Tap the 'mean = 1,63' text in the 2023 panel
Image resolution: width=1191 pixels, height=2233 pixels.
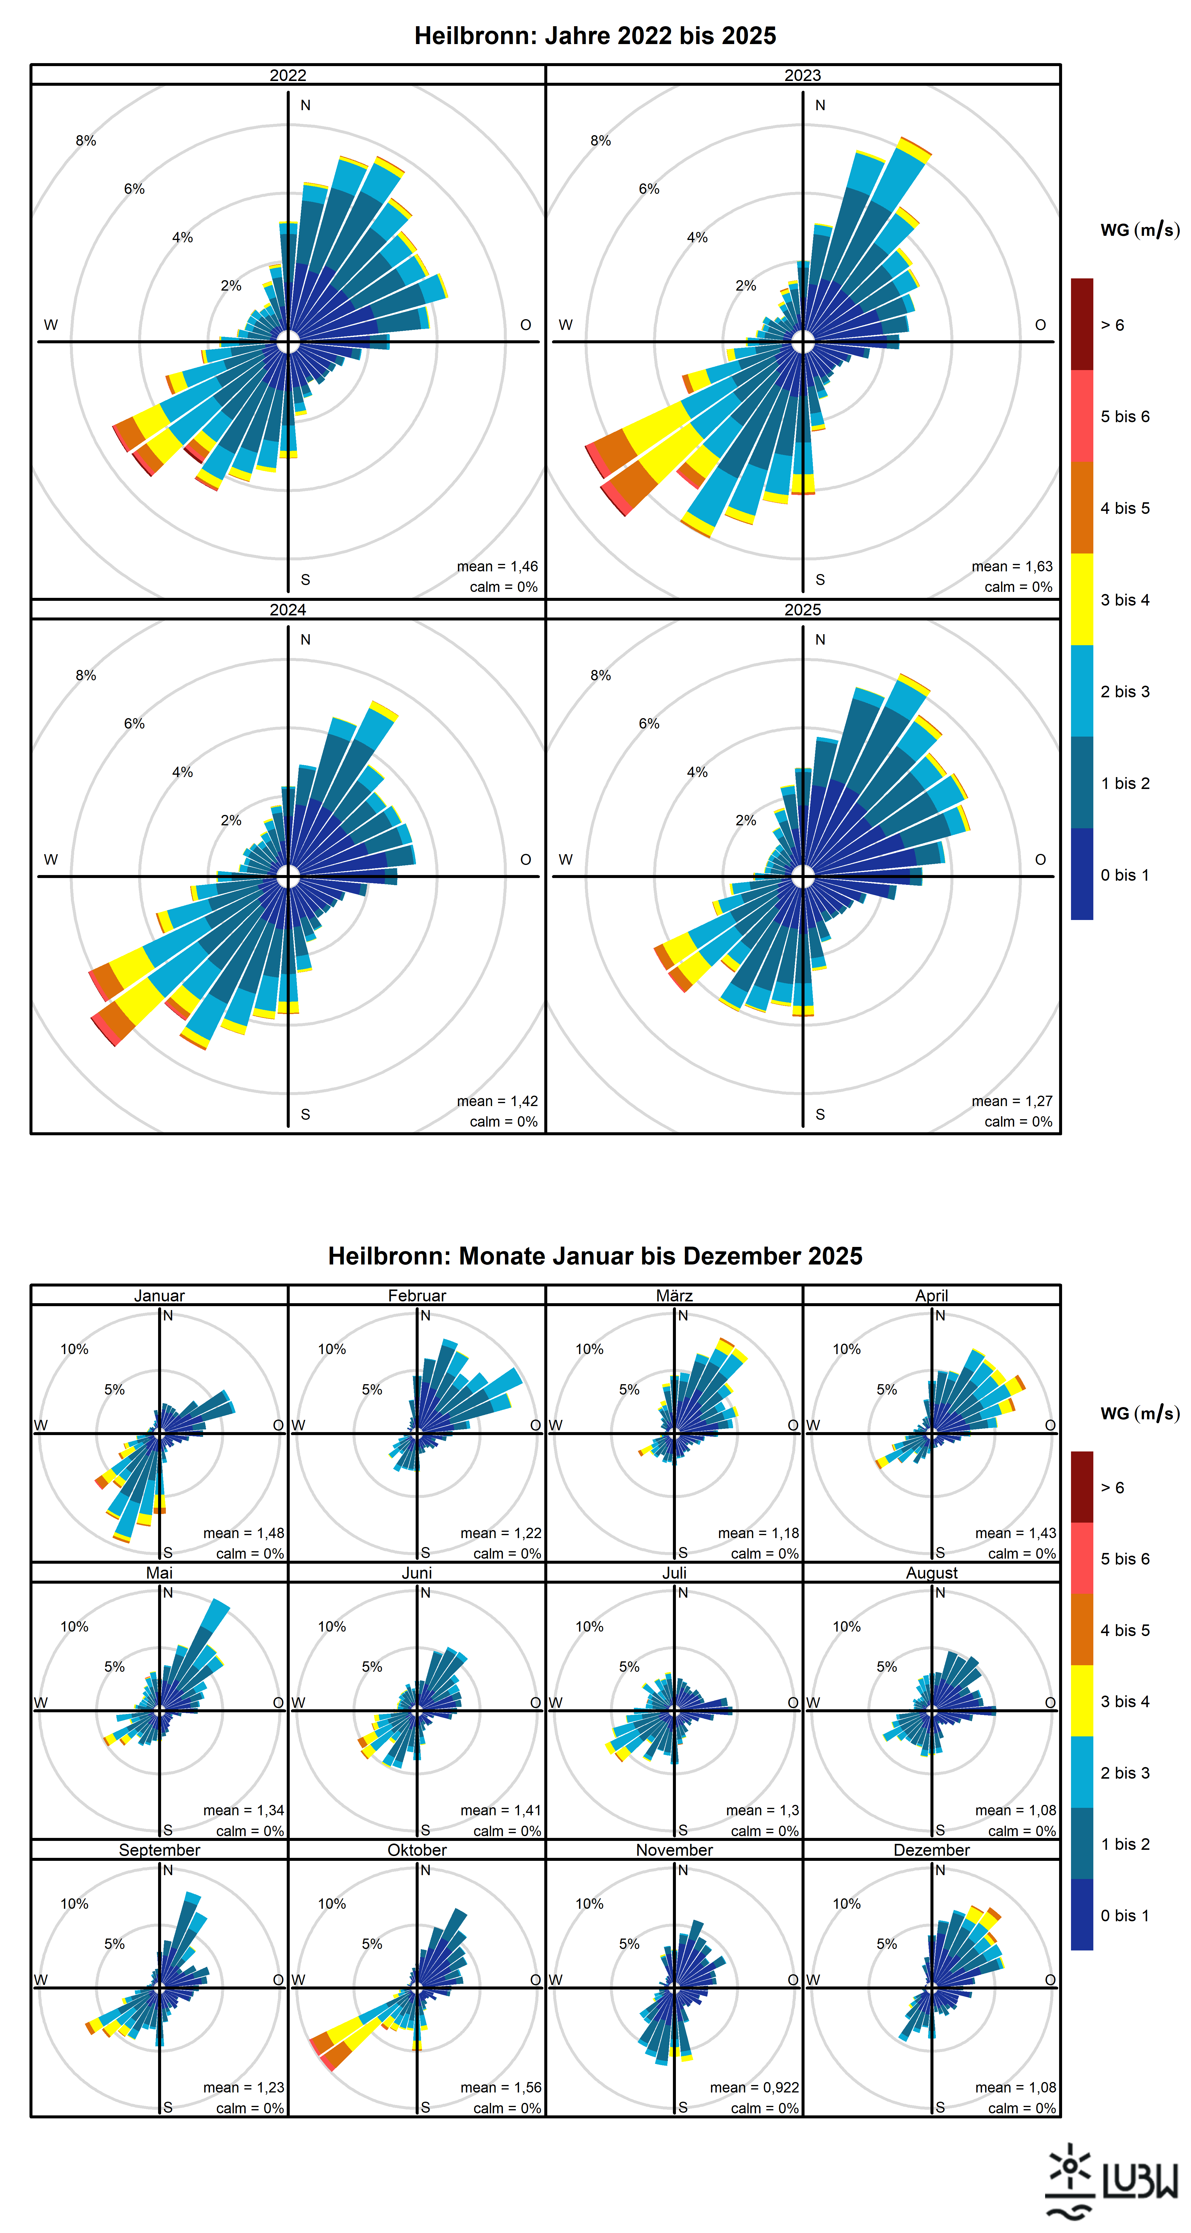click(1011, 566)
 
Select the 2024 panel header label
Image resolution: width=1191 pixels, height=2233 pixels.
click(288, 609)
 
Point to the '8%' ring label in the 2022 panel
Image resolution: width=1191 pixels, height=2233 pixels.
click(86, 141)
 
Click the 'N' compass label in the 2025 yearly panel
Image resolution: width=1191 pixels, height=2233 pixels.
click(820, 640)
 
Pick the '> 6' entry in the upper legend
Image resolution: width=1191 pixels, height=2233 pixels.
click(1112, 325)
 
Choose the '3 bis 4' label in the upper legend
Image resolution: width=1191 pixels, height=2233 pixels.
click(1125, 600)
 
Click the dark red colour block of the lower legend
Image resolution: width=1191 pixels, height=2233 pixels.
click(1082, 1487)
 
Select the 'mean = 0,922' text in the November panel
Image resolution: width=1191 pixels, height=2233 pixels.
click(754, 2087)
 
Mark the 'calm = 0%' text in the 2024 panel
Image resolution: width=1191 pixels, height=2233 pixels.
click(503, 1122)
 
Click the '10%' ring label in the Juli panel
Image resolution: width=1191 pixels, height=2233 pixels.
click(590, 1626)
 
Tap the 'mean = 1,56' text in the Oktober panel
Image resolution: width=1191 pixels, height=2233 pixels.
click(501, 2087)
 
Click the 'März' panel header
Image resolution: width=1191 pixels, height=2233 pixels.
click(674, 1295)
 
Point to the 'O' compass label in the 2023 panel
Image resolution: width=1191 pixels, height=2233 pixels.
click(1040, 325)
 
